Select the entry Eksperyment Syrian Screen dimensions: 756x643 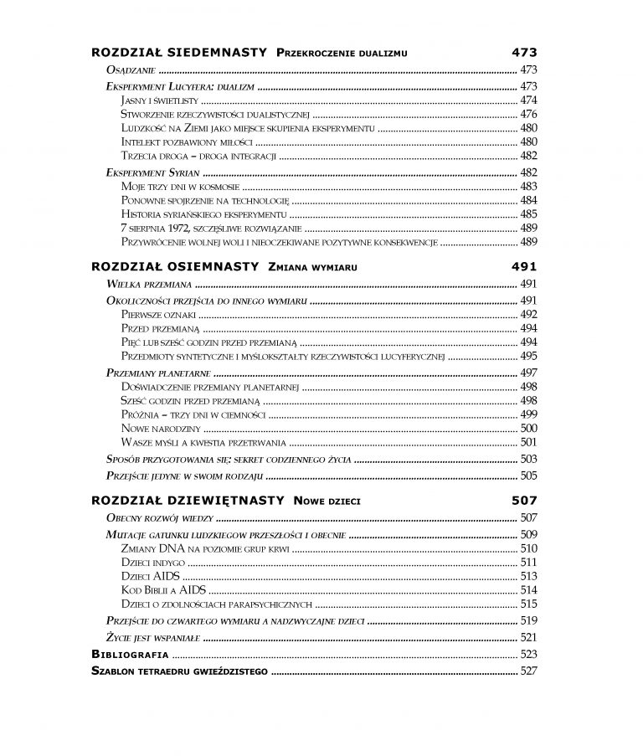point(147,172)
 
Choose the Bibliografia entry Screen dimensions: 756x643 point(130,654)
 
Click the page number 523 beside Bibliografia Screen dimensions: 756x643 point(527,654)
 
